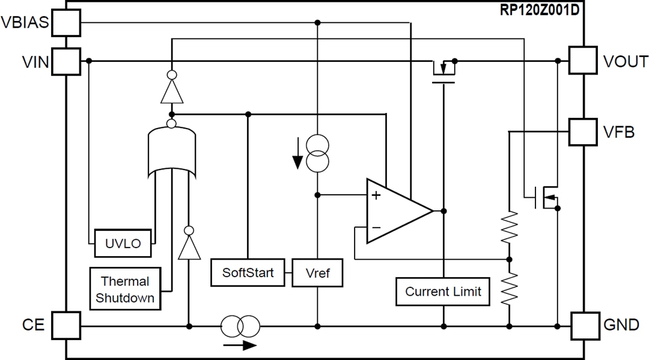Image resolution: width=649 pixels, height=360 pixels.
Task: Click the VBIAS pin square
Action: [66, 23]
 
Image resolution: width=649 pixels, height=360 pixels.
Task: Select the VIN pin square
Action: [66, 61]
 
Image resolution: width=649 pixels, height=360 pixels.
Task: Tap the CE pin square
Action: [66, 326]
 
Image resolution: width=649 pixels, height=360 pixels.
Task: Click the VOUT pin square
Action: [583, 61]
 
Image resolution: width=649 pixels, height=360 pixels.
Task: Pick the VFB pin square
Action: [583, 130]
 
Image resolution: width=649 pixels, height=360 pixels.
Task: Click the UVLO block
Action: [123, 243]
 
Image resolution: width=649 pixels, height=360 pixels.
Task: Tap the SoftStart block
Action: [248, 273]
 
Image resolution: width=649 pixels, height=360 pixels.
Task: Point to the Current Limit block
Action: [443, 291]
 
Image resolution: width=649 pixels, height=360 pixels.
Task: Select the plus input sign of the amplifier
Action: [376, 195]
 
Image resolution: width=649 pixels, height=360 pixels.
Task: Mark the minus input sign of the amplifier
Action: [376, 228]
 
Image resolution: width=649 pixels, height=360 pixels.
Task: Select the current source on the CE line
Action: [240, 326]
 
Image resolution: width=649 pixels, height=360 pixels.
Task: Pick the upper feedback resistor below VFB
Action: [509, 227]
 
